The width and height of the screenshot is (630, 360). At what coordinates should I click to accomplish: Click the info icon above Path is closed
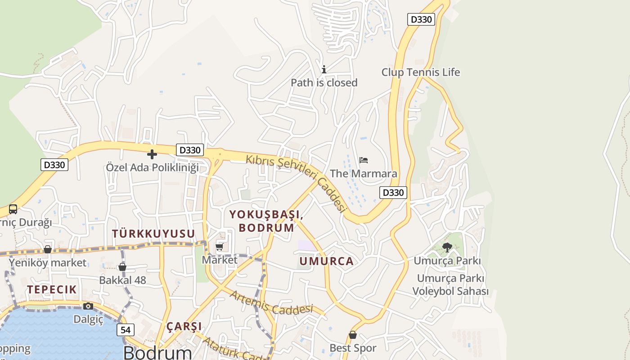[324, 69]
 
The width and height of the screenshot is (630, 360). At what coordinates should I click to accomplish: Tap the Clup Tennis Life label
[421, 72]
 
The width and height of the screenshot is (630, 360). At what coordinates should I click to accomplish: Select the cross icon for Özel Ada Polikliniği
[152, 154]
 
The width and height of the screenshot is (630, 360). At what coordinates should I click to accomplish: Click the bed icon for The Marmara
[364, 160]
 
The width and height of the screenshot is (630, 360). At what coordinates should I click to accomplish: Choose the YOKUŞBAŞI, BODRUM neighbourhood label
[266, 221]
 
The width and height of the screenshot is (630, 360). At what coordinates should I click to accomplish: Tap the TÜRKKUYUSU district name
[153, 234]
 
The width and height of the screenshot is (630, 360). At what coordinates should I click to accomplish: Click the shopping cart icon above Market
[220, 247]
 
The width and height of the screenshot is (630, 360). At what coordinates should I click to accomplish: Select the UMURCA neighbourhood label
[327, 261]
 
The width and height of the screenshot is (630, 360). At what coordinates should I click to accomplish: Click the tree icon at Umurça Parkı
[447, 247]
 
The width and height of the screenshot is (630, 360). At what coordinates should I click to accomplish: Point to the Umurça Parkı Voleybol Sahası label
[450, 285]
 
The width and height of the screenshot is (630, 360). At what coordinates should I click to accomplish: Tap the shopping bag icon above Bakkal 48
[122, 267]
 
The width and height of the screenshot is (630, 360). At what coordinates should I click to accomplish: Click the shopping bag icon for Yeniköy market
[48, 249]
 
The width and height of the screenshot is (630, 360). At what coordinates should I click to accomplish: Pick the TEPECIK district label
[52, 289]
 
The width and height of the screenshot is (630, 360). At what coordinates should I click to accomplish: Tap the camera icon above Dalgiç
[88, 306]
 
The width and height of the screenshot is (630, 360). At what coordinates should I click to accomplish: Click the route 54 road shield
[126, 330]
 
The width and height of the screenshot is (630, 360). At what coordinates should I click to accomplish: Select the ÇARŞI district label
[184, 326]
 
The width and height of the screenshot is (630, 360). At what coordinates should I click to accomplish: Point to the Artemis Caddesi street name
[271, 303]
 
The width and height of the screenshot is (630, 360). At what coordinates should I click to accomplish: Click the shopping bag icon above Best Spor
[353, 335]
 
